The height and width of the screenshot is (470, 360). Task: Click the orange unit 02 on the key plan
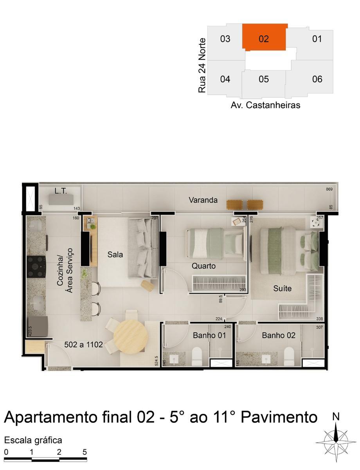click(265, 38)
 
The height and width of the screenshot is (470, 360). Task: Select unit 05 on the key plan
click(264, 80)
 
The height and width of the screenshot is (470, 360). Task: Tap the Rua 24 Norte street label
click(202, 65)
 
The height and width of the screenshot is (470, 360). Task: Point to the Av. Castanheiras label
click(265, 105)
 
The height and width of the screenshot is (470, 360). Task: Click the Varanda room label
click(203, 200)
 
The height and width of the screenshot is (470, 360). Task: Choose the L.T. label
click(61, 191)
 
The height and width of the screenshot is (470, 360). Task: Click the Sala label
click(115, 255)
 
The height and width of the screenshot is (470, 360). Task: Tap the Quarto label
click(203, 266)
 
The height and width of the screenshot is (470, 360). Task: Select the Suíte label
click(282, 289)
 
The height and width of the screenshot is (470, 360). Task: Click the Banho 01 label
click(209, 335)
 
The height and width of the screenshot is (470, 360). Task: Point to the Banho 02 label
click(279, 335)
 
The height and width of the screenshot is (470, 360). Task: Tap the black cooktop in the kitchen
click(36, 267)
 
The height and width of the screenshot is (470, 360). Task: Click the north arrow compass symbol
click(336, 441)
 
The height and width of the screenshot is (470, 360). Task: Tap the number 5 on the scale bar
click(85, 452)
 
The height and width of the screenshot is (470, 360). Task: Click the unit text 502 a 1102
click(83, 345)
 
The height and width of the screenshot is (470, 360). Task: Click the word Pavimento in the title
click(279, 418)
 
